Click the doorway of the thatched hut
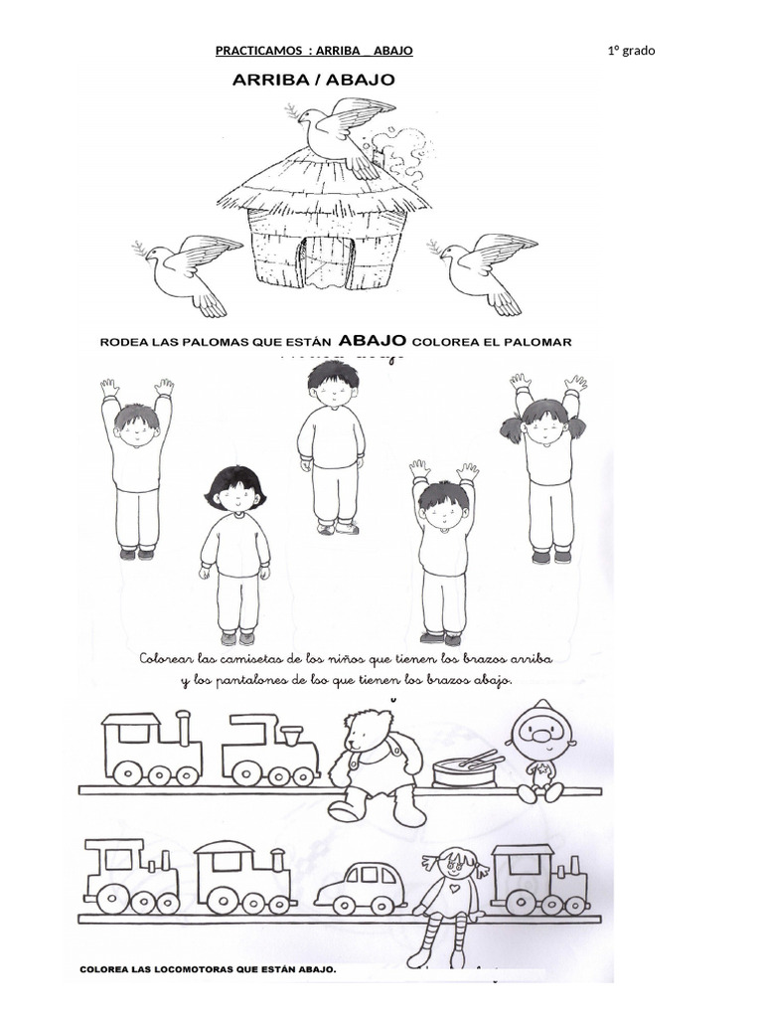pos(327,261)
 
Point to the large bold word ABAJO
pos(374,341)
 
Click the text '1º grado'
pos(631,51)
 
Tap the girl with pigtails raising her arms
pos(543,467)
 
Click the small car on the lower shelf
pos(361,886)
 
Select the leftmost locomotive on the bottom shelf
pos(132,877)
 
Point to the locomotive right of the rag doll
pos(538,879)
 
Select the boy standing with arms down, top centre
pos(331,448)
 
